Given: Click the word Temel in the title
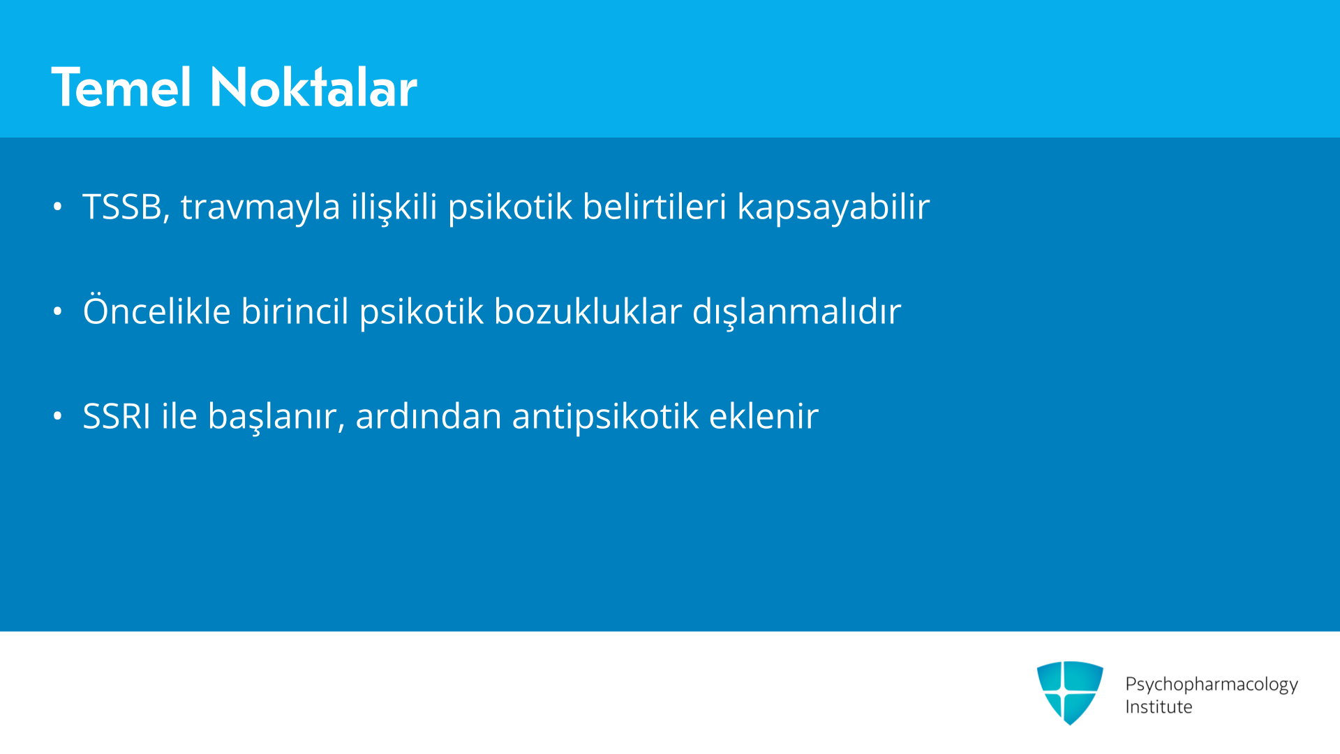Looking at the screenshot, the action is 121,88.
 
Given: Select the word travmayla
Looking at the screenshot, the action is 260,207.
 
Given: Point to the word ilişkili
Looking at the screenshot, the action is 394,207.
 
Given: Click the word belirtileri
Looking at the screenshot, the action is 655,207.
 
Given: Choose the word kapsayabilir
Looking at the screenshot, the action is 833,207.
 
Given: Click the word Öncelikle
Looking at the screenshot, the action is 156,310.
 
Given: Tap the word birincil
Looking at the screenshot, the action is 295,311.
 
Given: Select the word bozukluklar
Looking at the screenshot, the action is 588,311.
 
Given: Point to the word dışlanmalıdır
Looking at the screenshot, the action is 796,311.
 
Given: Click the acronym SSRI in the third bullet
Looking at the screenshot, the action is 117,416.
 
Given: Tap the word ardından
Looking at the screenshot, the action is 429,416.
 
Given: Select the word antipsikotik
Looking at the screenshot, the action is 605,417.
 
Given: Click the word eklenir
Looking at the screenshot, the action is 764,416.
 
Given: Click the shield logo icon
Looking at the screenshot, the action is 1070,693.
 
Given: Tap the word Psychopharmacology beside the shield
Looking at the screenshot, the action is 1212,684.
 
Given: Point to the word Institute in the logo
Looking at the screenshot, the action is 1159,707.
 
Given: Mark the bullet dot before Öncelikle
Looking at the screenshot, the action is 58,311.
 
